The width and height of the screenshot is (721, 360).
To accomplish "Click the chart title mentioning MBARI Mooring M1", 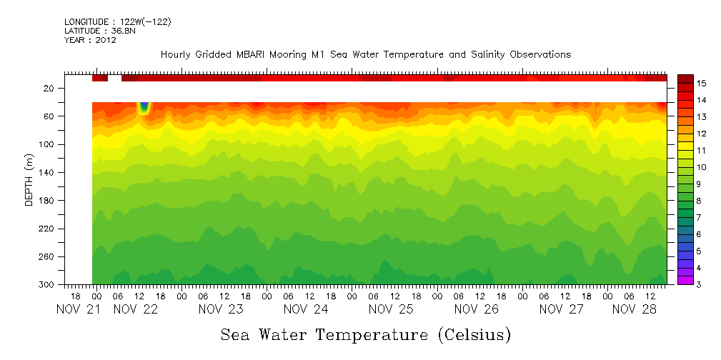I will coord(365,55).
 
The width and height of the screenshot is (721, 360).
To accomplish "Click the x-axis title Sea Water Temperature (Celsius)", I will coord(365,334).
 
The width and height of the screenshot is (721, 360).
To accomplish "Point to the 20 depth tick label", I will coord(49,89).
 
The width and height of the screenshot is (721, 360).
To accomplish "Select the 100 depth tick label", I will coord(47,144).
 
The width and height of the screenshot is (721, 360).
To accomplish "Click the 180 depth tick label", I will coord(47,201).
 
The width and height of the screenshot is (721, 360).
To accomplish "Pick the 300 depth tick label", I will coord(47,285).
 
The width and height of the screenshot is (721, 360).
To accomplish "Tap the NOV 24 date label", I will coord(306,309).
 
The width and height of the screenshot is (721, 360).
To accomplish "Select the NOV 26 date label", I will coord(477,309).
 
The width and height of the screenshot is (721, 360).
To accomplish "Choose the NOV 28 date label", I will coord(634,309).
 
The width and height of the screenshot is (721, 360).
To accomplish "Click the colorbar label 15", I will coord(702,84).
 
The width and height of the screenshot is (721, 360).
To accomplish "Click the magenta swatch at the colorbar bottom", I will coord(685,281).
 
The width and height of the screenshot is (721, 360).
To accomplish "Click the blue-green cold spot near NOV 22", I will coord(144,108).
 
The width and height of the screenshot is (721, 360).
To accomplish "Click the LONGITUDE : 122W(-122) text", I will coord(118,22).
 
